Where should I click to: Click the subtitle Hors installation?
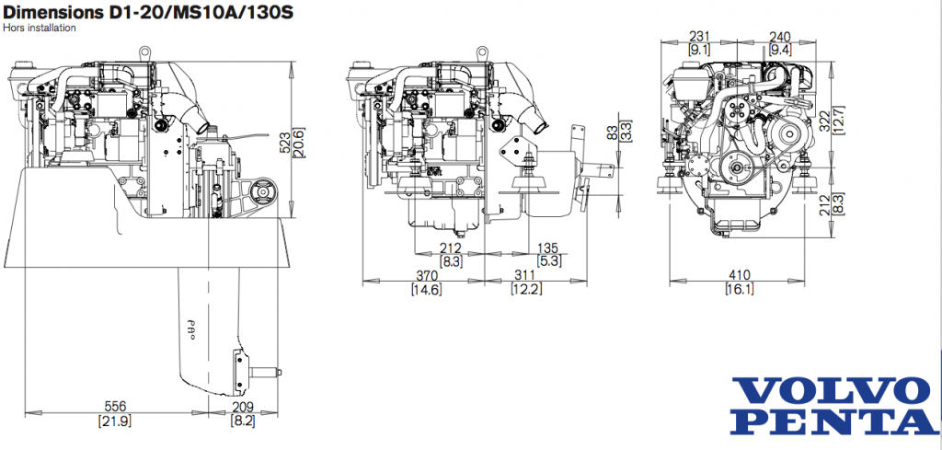tap(41, 28)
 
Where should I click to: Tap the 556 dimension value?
tap(115, 406)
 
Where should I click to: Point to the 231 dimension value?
tap(698, 36)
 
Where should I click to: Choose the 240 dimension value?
tap(780, 36)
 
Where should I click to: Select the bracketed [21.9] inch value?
tap(115, 421)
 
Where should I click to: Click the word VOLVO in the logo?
tap(832, 390)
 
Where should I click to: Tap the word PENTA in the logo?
tap(833, 421)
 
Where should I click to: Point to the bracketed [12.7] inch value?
tap(838, 121)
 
